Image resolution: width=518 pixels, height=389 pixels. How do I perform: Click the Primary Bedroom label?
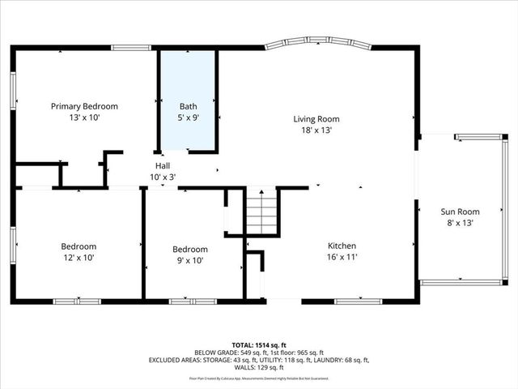coord(84,106)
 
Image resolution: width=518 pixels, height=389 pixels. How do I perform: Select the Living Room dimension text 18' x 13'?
coord(316,130)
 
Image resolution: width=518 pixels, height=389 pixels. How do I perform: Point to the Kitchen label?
coord(342,246)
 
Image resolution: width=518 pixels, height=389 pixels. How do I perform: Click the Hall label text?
coord(163,165)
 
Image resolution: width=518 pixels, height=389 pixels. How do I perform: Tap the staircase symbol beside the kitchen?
coord(261,212)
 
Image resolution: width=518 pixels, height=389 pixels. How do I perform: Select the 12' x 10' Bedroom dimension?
coord(79,258)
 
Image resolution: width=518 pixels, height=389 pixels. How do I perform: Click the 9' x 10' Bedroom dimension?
coord(190,260)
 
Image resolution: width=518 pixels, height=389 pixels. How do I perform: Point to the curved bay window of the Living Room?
coord(318,41)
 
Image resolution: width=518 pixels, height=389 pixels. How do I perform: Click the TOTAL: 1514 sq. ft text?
coord(259,344)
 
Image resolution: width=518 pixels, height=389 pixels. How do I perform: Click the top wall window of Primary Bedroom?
coord(131,48)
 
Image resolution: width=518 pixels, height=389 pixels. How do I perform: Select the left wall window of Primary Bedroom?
coord(13,89)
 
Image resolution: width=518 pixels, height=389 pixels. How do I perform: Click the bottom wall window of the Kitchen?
coord(358,301)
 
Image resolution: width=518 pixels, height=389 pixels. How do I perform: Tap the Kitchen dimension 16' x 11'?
coord(342,257)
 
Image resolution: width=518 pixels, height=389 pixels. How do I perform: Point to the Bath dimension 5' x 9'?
coord(188,118)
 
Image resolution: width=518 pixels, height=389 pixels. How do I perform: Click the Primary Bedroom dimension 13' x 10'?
coord(84,118)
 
